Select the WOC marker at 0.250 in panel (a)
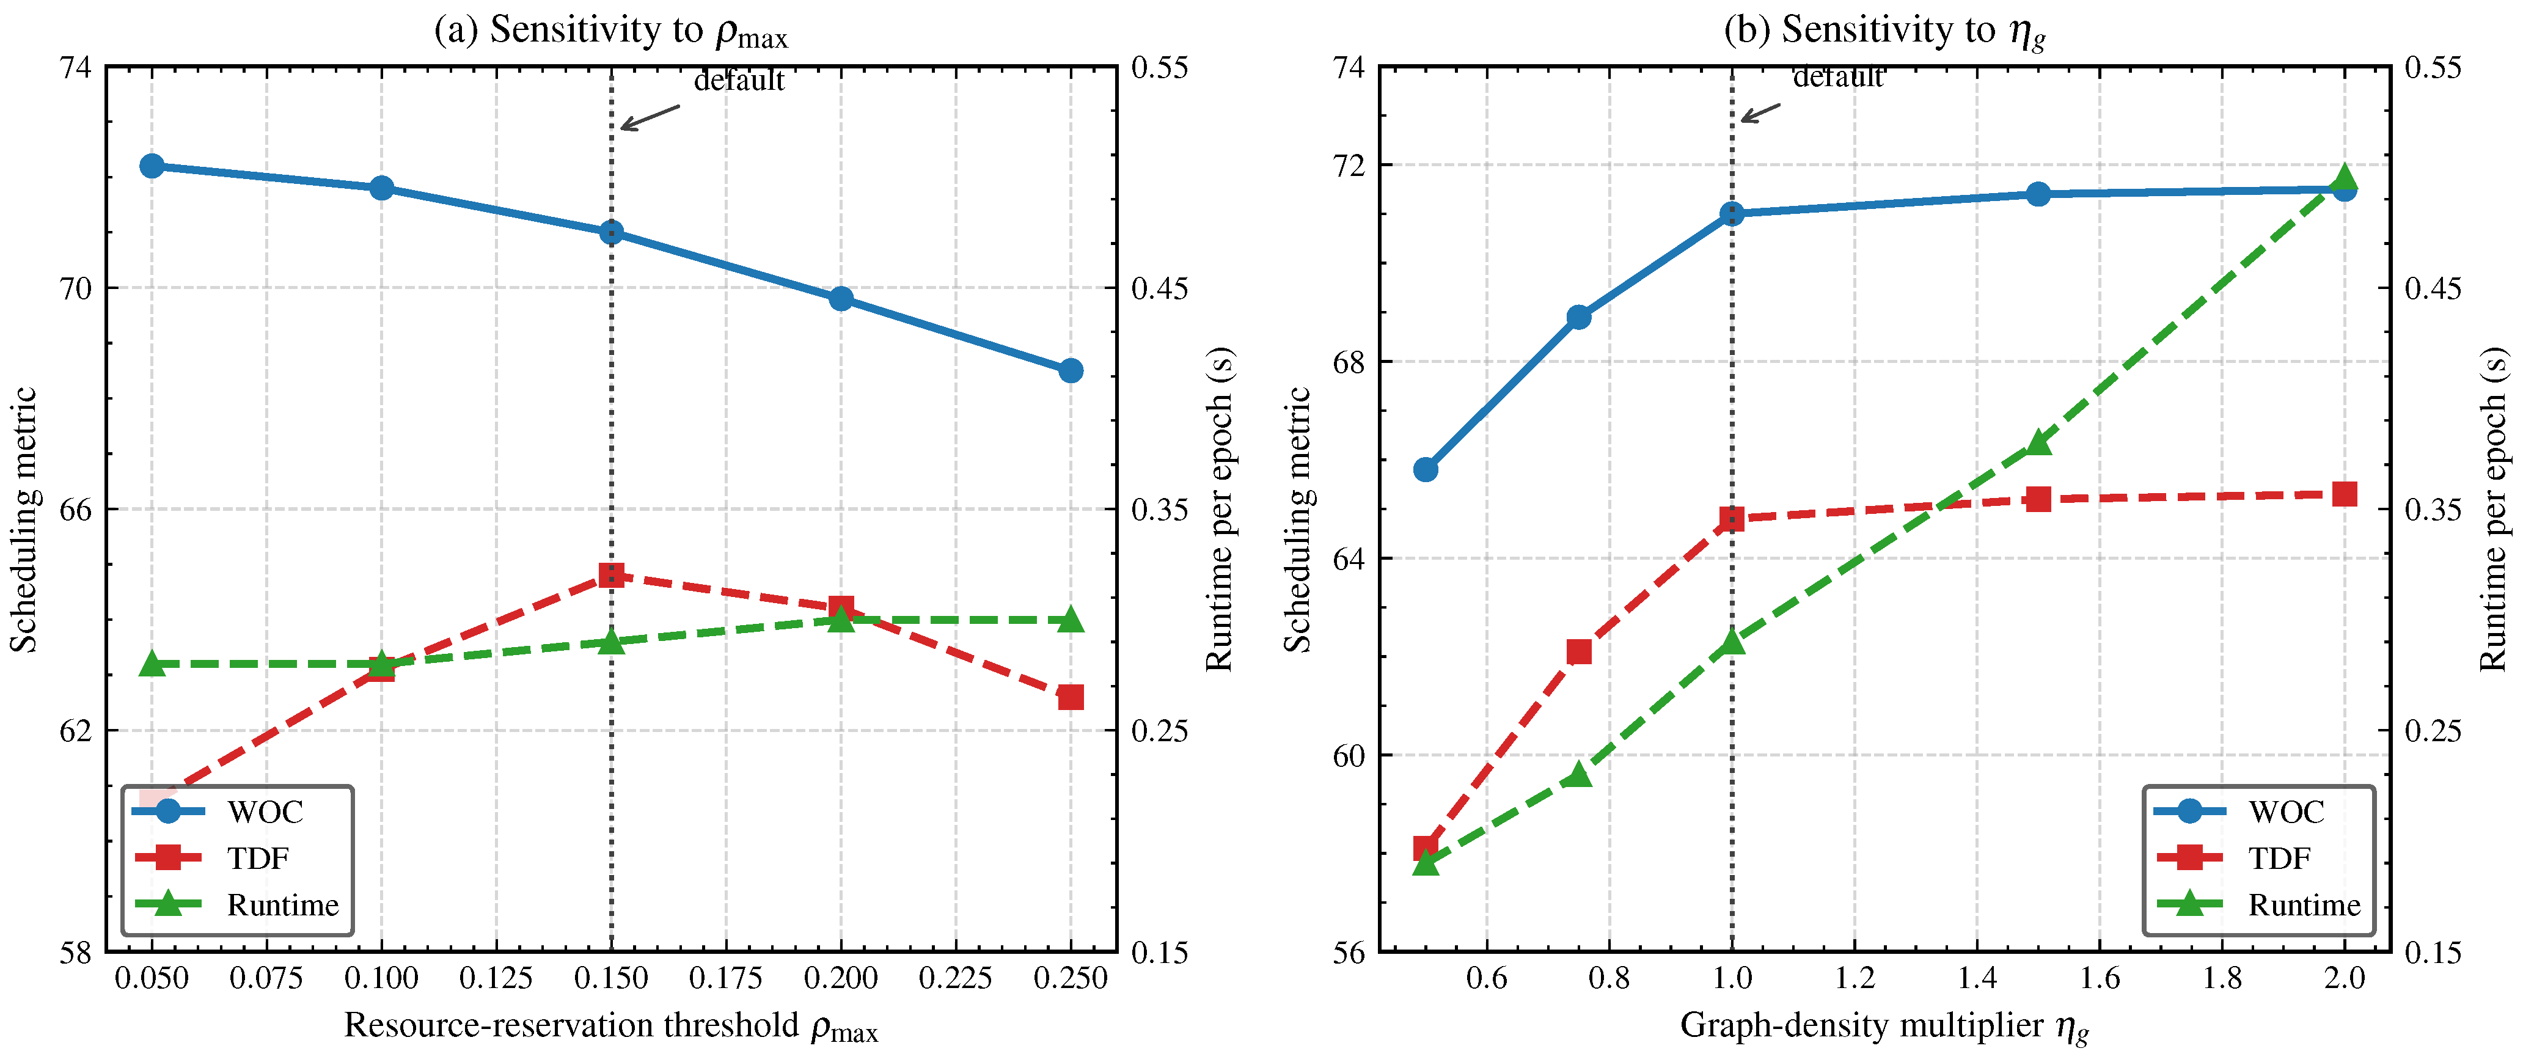click(x=1071, y=370)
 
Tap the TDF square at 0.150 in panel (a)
click(x=611, y=575)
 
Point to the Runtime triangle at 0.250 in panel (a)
click(x=1071, y=619)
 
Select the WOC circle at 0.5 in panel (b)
click(x=1426, y=469)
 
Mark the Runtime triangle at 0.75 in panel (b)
click(x=1579, y=775)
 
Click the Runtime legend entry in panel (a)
click(x=236, y=904)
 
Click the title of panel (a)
click(x=611, y=31)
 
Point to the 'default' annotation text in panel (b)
click(x=1837, y=76)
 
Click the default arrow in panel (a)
click(x=650, y=117)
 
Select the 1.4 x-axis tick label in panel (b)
click(x=1977, y=978)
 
